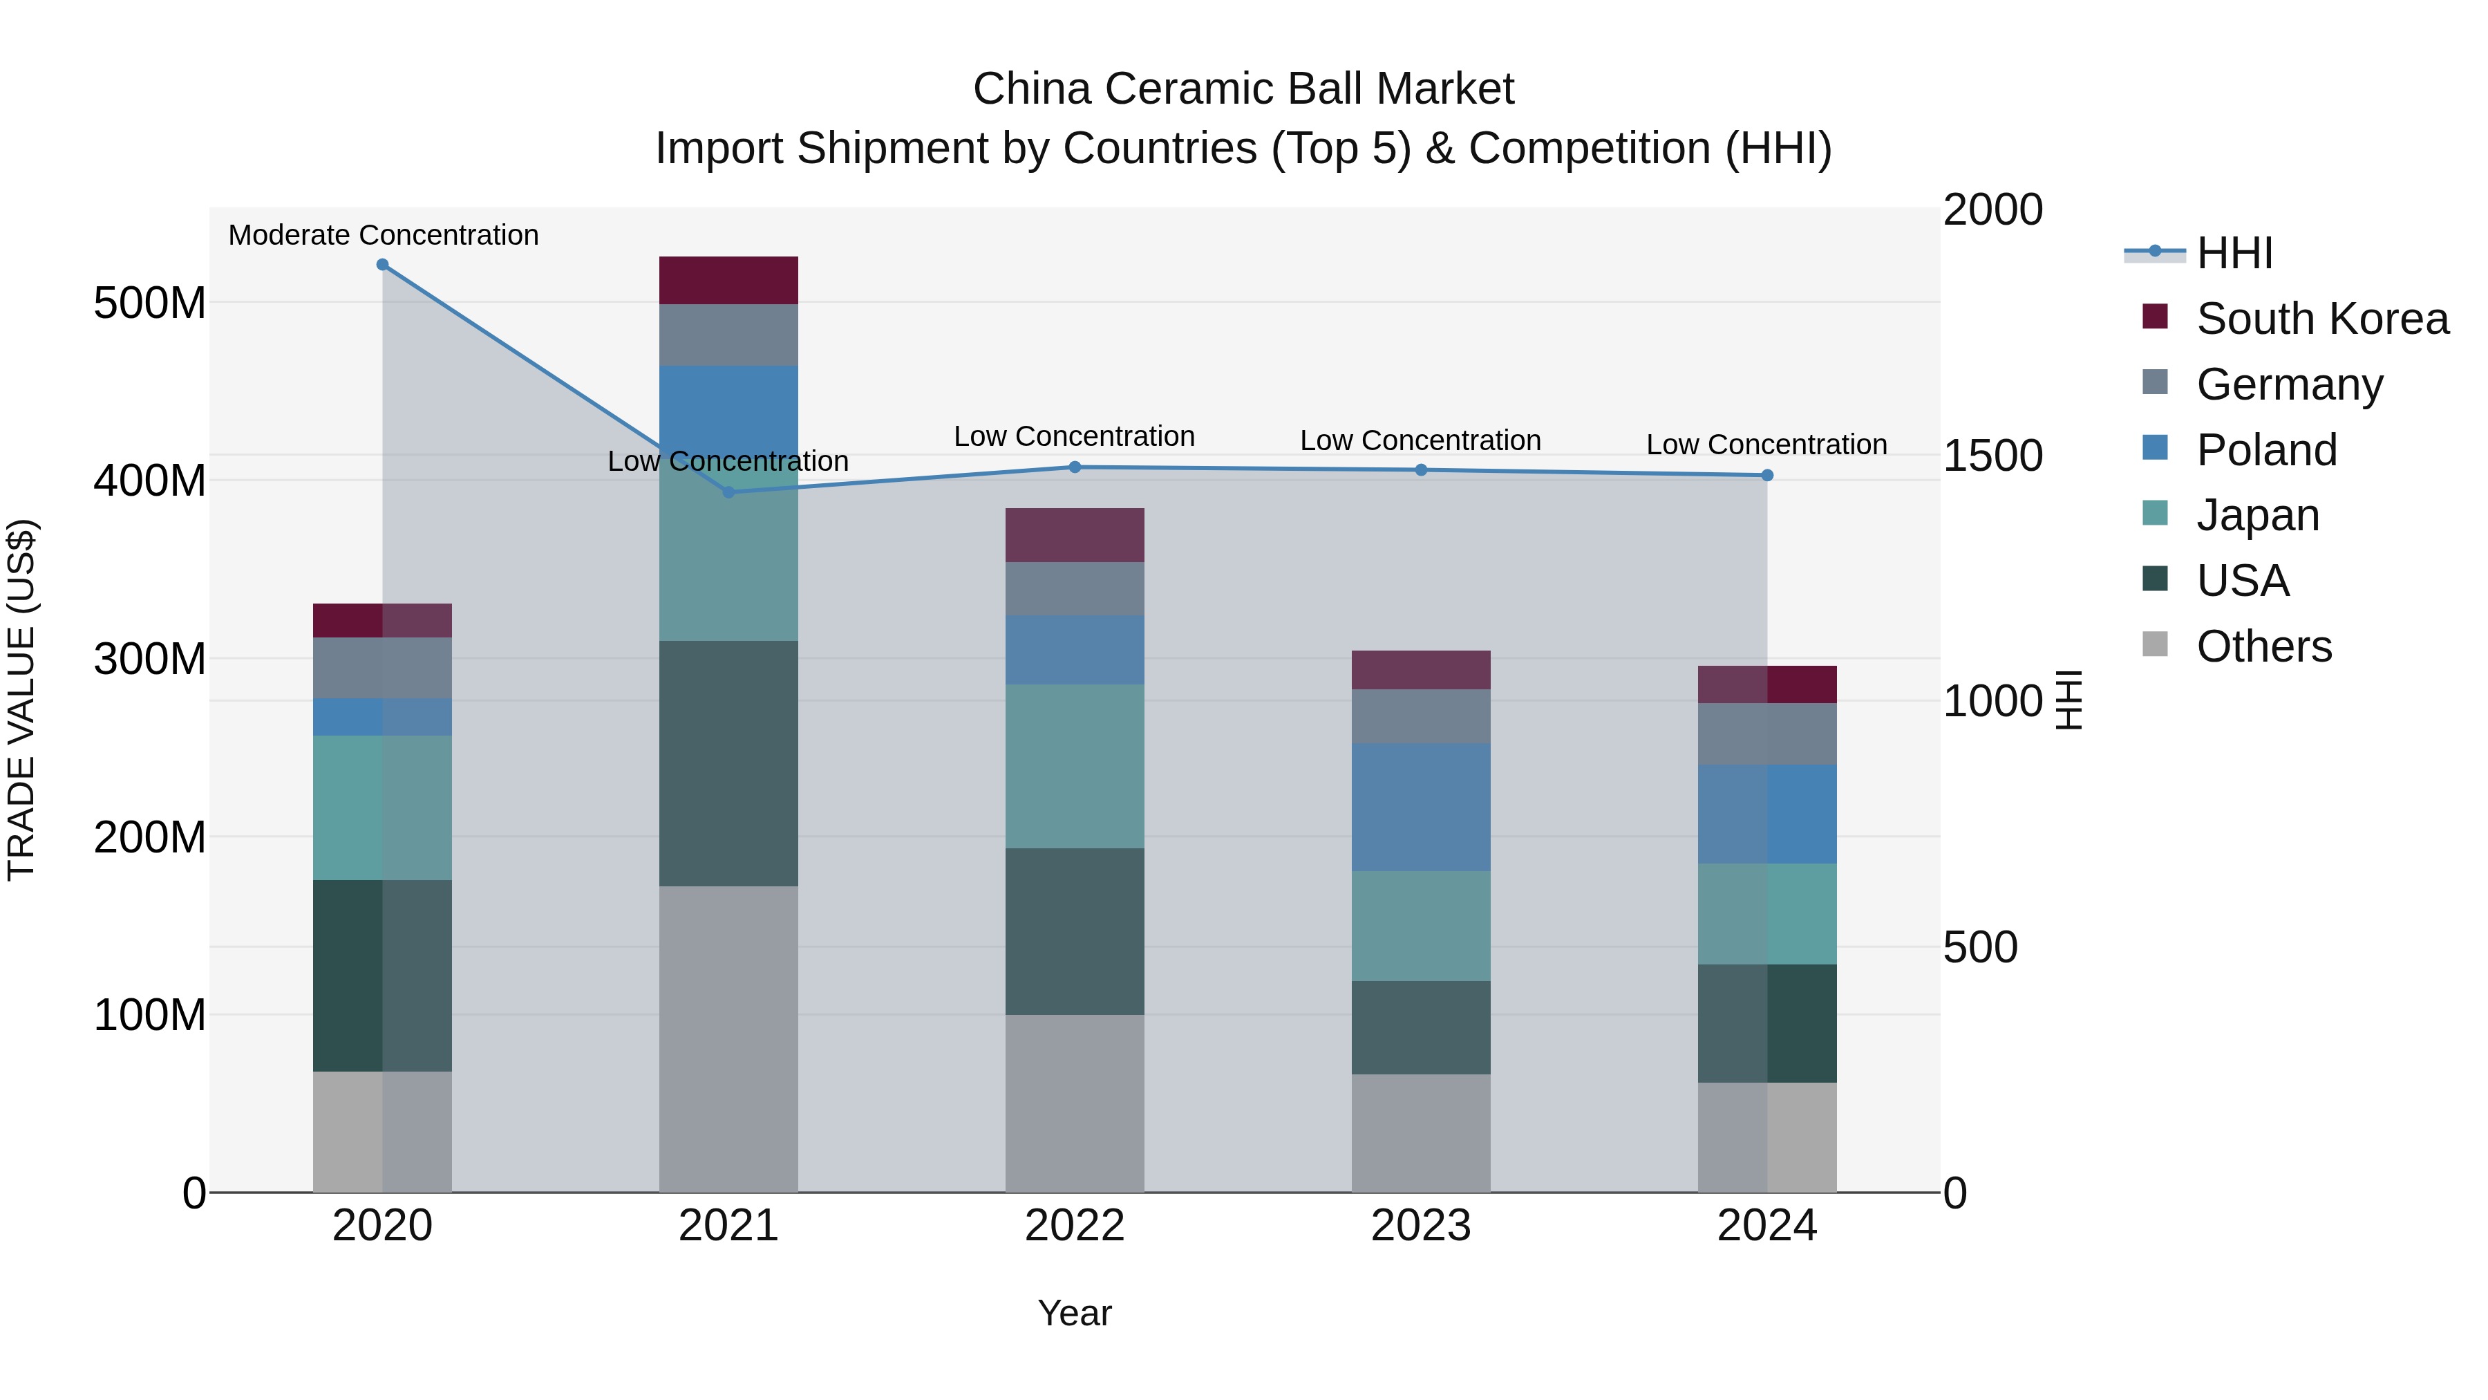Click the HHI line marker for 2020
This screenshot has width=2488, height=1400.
click(x=382, y=265)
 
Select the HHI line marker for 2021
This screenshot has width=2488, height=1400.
click(x=729, y=492)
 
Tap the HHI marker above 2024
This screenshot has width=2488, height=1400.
click(x=1767, y=476)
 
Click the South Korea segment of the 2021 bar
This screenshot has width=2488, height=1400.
click(x=728, y=280)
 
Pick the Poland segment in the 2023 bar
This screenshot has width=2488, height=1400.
click(x=1421, y=807)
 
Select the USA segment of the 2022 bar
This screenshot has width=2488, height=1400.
click(x=1075, y=931)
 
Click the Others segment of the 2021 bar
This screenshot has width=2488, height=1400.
click(x=728, y=1038)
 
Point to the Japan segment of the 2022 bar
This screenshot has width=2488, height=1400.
click(x=1075, y=766)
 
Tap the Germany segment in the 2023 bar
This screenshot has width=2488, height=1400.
click(x=1421, y=716)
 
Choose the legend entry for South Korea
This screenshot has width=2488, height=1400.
click(x=2322, y=319)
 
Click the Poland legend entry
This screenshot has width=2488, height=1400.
click(x=2266, y=450)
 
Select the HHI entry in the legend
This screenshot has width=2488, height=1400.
click(x=2234, y=253)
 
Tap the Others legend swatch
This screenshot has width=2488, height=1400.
click(x=2155, y=644)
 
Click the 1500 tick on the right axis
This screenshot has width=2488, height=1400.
click(x=1992, y=456)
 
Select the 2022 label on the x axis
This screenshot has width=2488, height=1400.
click(x=1075, y=1226)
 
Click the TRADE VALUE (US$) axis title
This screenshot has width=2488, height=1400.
click(x=21, y=700)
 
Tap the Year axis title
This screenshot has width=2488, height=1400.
click(x=1074, y=1313)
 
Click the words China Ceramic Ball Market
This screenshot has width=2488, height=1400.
click(x=1243, y=89)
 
